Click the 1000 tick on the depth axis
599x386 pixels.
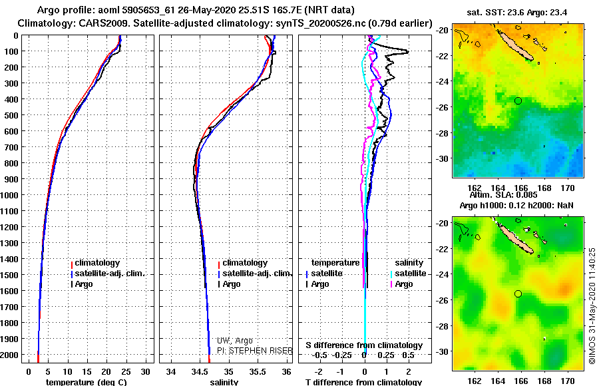tap(12, 195)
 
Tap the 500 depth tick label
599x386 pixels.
tap(12, 115)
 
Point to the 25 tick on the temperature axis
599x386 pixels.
tap(126, 371)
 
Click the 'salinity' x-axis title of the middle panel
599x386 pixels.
tap(224, 382)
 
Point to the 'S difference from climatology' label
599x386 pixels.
tap(363, 345)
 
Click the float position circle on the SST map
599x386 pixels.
tap(518, 100)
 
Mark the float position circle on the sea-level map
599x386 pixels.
tap(518, 293)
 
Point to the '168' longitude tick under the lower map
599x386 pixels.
tap(544, 381)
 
